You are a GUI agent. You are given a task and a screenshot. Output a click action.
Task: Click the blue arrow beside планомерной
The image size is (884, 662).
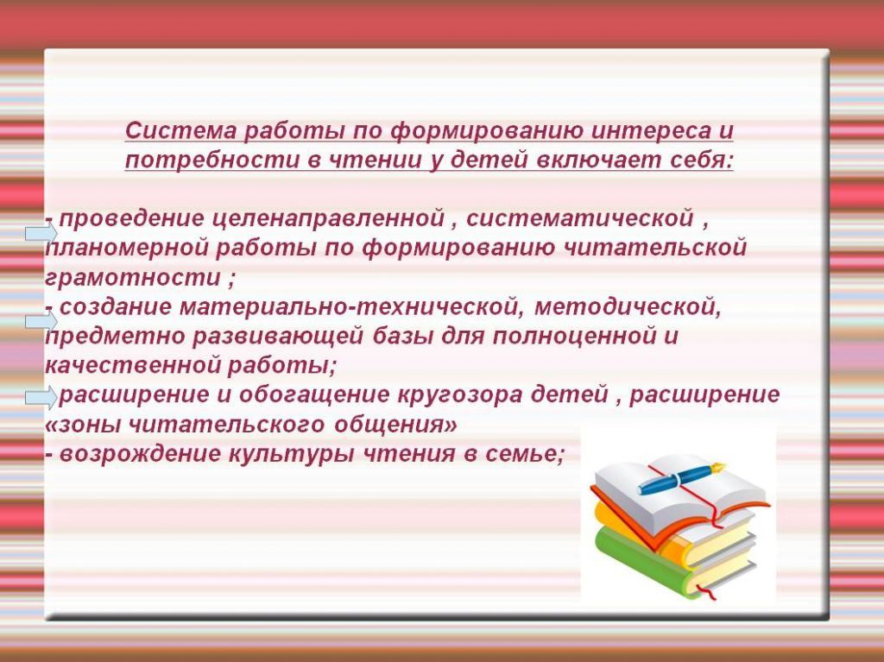(41, 234)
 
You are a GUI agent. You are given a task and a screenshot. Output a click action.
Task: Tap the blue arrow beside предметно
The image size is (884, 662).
(41, 322)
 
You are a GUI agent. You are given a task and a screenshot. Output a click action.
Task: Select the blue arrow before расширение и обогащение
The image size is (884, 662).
(41, 398)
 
